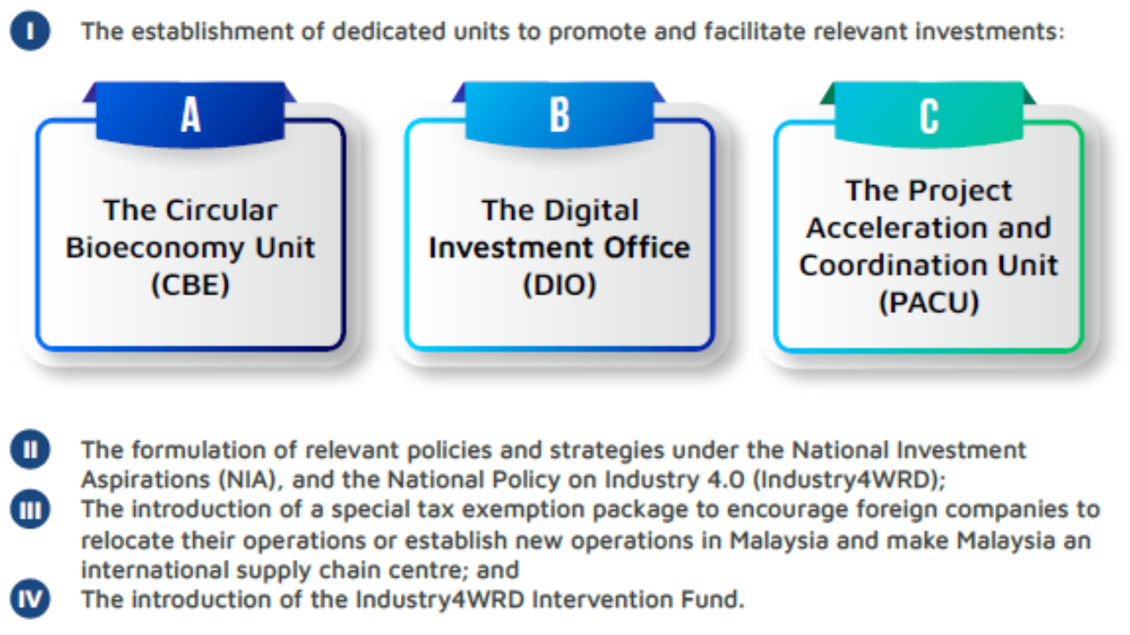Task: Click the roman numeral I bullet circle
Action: click(x=30, y=31)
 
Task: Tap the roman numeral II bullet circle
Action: click(x=30, y=449)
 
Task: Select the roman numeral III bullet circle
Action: click(x=30, y=509)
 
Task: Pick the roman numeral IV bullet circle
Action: click(x=30, y=599)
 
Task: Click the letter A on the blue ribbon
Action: click(x=191, y=115)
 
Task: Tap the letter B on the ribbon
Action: click(x=560, y=115)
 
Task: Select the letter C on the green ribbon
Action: click(x=929, y=116)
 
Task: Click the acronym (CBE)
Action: click(x=190, y=285)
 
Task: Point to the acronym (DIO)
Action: click(x=560, y=285)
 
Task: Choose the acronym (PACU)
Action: click(x=929, y=303)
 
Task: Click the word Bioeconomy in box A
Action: click(x=156, y=248)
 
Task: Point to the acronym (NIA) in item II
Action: click(x=247, y=479)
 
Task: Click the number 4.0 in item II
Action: click(x=726, y=479)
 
